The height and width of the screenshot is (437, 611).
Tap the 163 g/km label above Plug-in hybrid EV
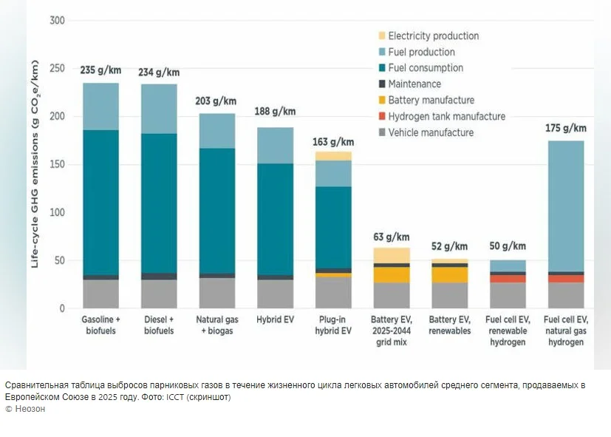(x=332, y=141)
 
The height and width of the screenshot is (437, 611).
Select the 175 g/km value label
(x=565, y=128)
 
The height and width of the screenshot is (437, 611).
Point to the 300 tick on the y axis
(x=57, y=21)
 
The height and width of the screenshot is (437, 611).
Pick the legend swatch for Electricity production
(x=381, y=36)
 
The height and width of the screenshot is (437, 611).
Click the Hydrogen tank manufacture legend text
(x=446, y=116)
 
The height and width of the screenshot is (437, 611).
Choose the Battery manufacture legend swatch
(x=381, y=101)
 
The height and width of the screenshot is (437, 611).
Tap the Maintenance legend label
(x=414, y=84)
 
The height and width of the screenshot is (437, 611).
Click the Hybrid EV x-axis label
(x=275, y=320)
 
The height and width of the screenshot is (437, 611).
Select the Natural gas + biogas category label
(x=216, y=325)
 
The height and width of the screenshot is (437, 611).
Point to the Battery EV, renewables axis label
(x=449, y=325)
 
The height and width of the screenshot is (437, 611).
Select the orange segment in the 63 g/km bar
(x=391, y=274)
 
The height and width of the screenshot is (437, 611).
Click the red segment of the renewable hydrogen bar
(x=508, y=279)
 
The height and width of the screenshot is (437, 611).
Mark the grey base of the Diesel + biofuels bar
(x=159, y=294)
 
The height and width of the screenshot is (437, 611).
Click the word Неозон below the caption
(x=29, y=409)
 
